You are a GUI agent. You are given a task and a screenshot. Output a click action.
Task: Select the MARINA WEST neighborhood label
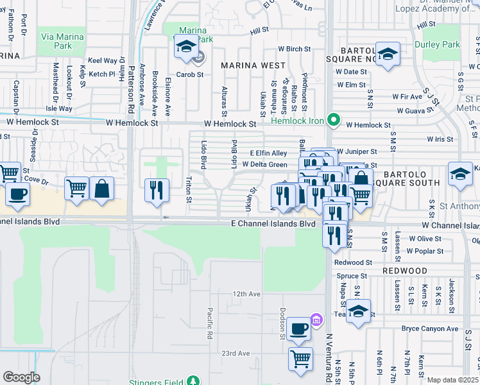click(253, 65)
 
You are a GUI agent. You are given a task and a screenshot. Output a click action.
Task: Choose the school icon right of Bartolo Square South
click(460, 174)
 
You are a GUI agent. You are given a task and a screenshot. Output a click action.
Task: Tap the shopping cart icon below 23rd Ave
click(300, 359)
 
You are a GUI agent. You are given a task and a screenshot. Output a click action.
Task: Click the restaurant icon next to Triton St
click(157, 189)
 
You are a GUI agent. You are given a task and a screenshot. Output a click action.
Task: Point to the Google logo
click(21, 377)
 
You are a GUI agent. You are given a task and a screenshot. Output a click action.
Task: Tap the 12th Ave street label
click(246, 294)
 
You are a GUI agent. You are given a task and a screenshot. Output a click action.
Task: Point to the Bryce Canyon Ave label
click(429, 329)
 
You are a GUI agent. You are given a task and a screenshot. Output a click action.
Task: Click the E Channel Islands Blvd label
click(273, 224)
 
